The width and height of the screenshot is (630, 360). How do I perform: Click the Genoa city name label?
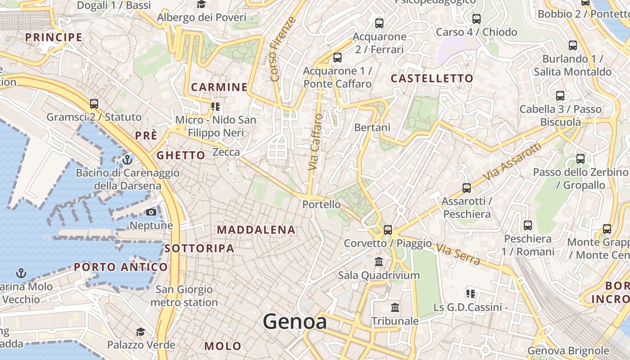pyautogui.click(x=295, y=321)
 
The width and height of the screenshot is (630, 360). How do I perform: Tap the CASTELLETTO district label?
pyautogui.click(x=432, y=78)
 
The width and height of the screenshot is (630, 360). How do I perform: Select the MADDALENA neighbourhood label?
pyautogui.click(x=256, y=230)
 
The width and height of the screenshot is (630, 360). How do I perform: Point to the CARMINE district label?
pyautogui.click(x=220, y=87)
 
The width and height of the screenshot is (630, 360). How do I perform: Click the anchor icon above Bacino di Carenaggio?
pyautogui.click(x=127, y=160)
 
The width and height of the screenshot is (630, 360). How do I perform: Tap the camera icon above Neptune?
pyautogui.click(x=151, y=212)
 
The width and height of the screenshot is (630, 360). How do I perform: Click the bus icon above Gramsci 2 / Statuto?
pyautogui.click(x=94, y=104)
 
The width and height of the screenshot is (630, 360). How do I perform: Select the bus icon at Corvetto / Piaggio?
pyautogui.click(x=387, y=230)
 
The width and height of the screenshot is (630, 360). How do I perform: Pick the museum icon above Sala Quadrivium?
pyautogui.click(x=379, y=261)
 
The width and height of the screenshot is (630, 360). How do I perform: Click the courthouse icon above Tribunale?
pyautogui.click(x=395, y=308)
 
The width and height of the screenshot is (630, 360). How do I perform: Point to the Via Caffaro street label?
pyautogui.click(x=316, y=142)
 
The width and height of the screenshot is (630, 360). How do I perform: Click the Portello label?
pyautogui.click(x=321, y=204)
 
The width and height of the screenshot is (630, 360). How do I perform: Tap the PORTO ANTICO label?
pyautogui.click(x=121, y=267)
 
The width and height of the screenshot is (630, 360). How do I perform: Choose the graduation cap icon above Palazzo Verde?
pyautogui.click(x=140, y=332)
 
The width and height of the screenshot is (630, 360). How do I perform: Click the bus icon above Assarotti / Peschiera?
pyautogui.click(x=466, y=188)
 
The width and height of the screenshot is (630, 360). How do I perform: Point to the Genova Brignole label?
pyautogui.click(x=568, y=351)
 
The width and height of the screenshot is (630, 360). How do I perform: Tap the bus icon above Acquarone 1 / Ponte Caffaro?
pyautogui.click(x=337, y=58)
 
